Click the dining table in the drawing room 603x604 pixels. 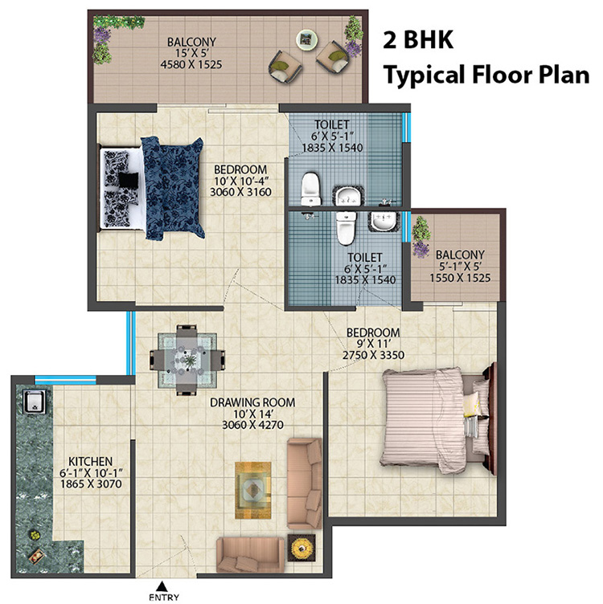[x=188, y=360]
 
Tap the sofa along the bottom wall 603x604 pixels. [x=250, y=554]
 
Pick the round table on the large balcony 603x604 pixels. [x=306, y=38]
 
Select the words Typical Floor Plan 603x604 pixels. [x=486, y=76]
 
